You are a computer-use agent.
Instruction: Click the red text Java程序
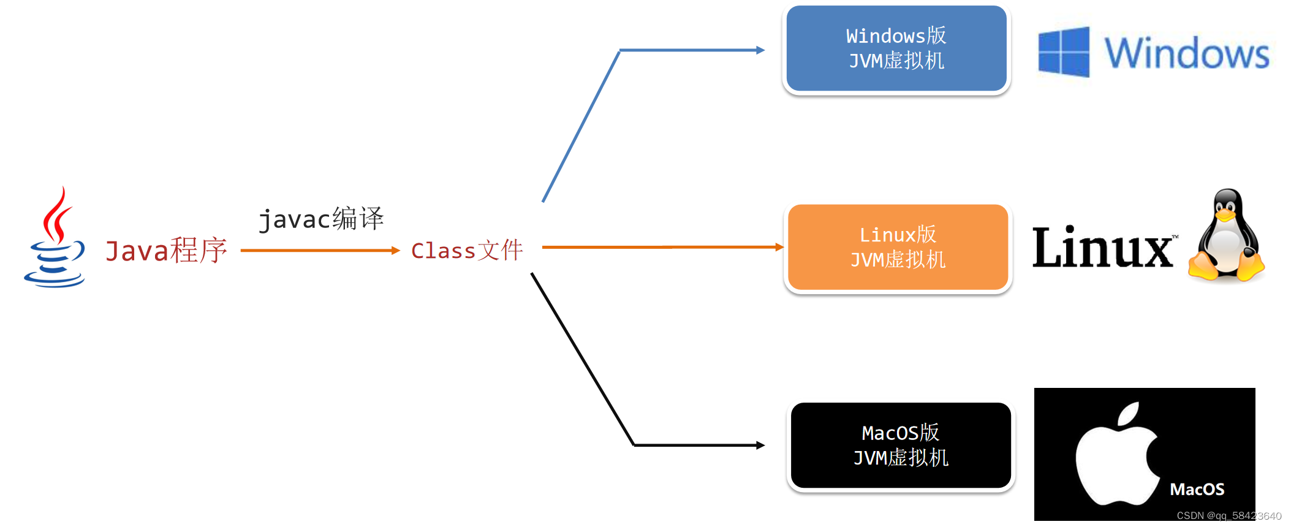(x=166, y=251)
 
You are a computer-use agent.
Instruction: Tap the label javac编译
(x=321, y=219)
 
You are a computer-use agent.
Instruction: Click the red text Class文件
(x=467, y=251)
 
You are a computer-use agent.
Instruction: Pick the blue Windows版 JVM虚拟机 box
(x=896, y=48)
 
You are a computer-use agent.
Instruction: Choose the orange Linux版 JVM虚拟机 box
(x=898, y=247)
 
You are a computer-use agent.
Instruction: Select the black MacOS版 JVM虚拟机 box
(x=900, y=445)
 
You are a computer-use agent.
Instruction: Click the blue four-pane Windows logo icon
(x=1064, y=52)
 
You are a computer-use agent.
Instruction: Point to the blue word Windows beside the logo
(x=1187, y=53)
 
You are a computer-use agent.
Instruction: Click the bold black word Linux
(x=1102, y=248)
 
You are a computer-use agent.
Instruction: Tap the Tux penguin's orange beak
(x=1225, y=215)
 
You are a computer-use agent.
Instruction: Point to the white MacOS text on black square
(x=1197, y=489)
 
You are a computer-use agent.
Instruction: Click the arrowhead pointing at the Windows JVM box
(x=760, y=50)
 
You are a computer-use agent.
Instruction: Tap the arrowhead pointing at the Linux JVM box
(x=779, y=247)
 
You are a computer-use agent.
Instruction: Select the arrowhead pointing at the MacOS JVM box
(x=760, y=445)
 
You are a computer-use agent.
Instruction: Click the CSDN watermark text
(x=1228, y=516)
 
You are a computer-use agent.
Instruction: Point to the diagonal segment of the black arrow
(x=582, y=358)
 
